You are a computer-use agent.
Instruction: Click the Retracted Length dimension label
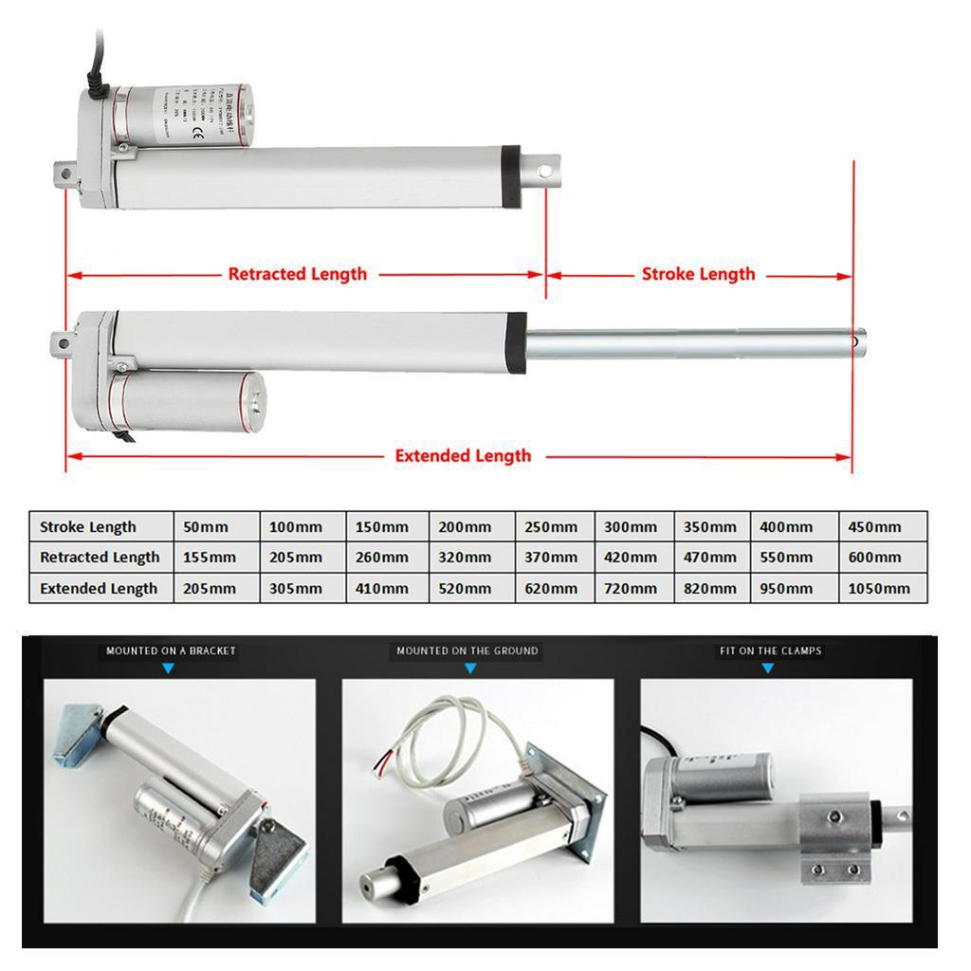pyautogui.click(x=297, y=274)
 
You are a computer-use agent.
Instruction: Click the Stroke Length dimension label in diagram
pyautogui.click(x=698, y=274)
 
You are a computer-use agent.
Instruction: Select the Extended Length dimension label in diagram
pyautogui.click(x=463, y=456)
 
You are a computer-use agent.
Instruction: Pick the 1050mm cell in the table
pyautogui.click(x=878, y=589)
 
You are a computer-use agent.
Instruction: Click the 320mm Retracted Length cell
pyautogui.click(x=465, y=558)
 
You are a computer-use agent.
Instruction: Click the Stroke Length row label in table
pyautogui.click(x=88, y=527)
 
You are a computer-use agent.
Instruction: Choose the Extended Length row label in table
pyautogui.click(x=99, y=589)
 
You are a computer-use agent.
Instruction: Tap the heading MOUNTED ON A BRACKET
pyautogui.click(x=171, y=651)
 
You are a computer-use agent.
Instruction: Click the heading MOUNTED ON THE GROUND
pyautogui.click(x=467, y=651)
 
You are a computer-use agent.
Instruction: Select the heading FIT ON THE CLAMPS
pyautogui.click(x=770, y=651)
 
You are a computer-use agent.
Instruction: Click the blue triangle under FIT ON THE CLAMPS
pyautogui.click(x=768, y=669)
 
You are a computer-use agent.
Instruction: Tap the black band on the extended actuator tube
pyautogui.click(x=517, y=341)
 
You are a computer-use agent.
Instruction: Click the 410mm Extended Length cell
pyautogui.click(x=382, y=589)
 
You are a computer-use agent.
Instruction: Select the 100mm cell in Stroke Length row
pyautogui.click(x=296, y=527)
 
